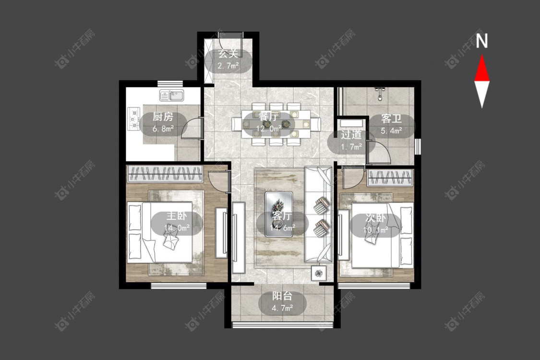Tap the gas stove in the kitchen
(133, 119)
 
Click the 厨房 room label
(163, 117)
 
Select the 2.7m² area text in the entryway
(228, 65)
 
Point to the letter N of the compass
(482, 41)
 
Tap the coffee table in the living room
(278, 214)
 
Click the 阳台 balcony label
(282, 296)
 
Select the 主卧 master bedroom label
(177, 216)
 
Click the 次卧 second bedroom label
(375, 218)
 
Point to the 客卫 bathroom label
(391, 119)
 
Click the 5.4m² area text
(392, 131)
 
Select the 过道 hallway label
(351, 134)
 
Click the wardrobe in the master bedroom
(164, 174)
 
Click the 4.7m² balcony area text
(282, 308)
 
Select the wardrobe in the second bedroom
(390, 178)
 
